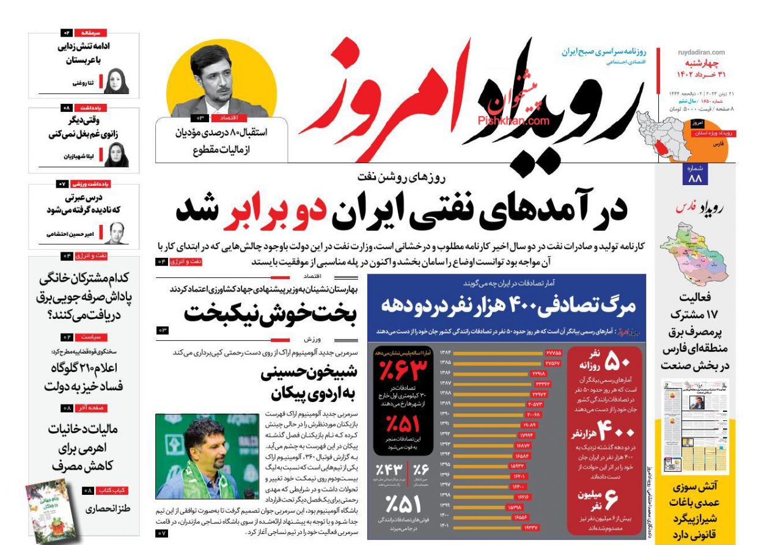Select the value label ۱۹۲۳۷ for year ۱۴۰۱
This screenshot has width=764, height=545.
(529, 526)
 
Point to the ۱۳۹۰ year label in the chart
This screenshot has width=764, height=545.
(444, 414)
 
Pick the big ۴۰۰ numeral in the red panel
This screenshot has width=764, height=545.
(616, 433)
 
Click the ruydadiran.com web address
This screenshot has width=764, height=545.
(701, 53)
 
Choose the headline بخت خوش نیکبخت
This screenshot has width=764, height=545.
(269, 313)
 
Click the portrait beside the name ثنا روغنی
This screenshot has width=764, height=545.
(116, 81)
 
